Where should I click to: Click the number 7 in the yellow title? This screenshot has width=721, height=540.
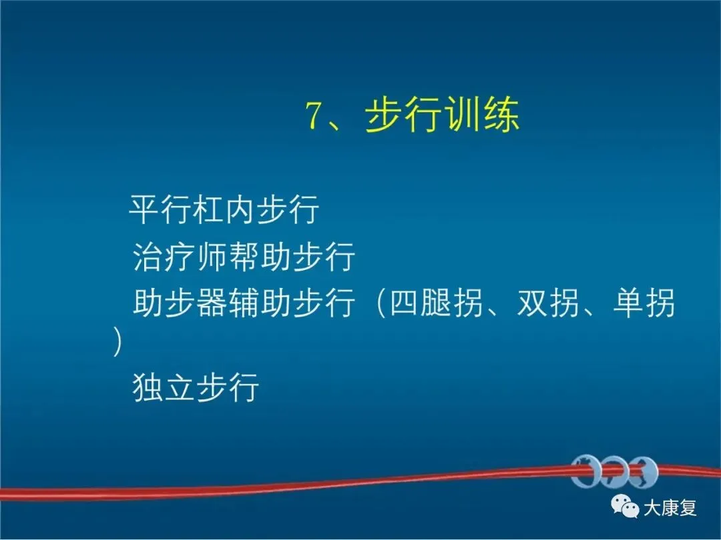click(x=313, y=116)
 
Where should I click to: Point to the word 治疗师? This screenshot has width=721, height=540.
click(x=180, y=256)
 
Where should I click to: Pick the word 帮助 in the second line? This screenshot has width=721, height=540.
click(x=259, y=256)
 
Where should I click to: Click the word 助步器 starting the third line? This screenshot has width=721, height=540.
click(x=180, y=303)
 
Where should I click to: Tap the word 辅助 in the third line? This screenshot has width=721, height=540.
click(x=259, y=303)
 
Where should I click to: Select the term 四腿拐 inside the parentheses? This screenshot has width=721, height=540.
click(x=436, y=303)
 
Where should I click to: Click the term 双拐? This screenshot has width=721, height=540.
click(x=547, y=303)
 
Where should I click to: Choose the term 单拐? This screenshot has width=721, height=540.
click(x=644, y=303)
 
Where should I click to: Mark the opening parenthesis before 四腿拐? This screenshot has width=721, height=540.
click(x=380, y=303)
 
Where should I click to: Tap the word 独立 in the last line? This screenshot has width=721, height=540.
click(x=164, y=387)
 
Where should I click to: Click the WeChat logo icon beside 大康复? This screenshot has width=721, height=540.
click(x=625, y=507)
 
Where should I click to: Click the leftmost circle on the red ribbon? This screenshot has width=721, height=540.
click(x=586, y=471)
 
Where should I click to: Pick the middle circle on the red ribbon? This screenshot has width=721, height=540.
click(x=614, y=471)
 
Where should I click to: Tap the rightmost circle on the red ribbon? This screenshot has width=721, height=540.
click(x=644, y=471)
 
